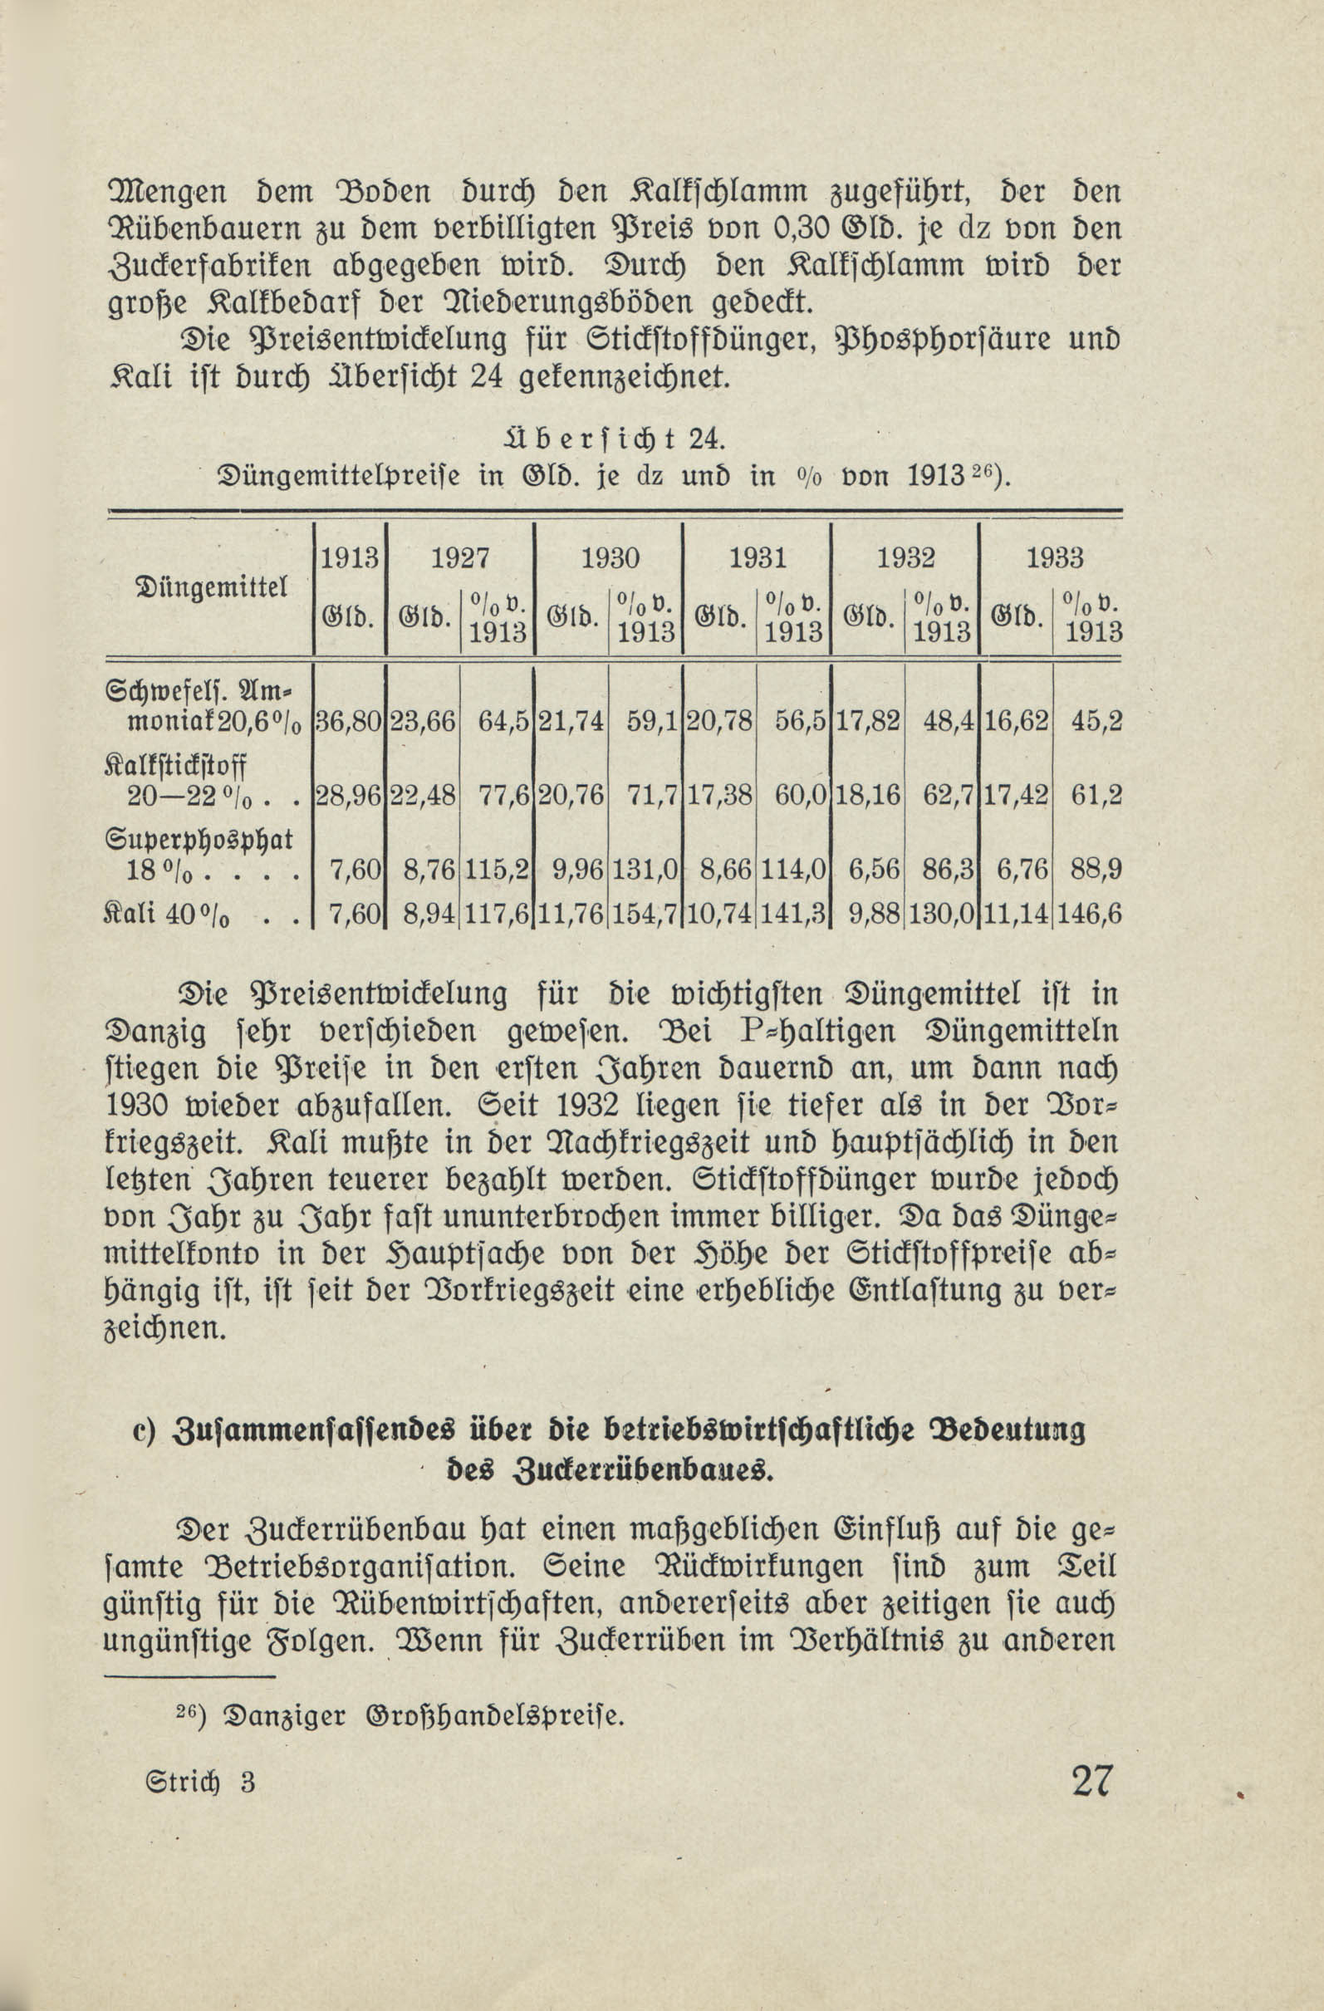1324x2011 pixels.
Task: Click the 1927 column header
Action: pyautogui.click(x=460, y=558)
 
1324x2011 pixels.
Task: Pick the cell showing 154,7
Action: pyautogui.click(x=645, y=915)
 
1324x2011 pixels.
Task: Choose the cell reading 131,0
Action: pyautogui.click(x=645, y=869)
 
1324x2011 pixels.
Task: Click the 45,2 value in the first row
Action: pyautogui.click(x=1096, y=721)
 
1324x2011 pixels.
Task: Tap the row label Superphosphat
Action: pyautogui.click(x=199, y=839)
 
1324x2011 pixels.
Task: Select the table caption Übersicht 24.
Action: pyautogui.click(x=610, y=439)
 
